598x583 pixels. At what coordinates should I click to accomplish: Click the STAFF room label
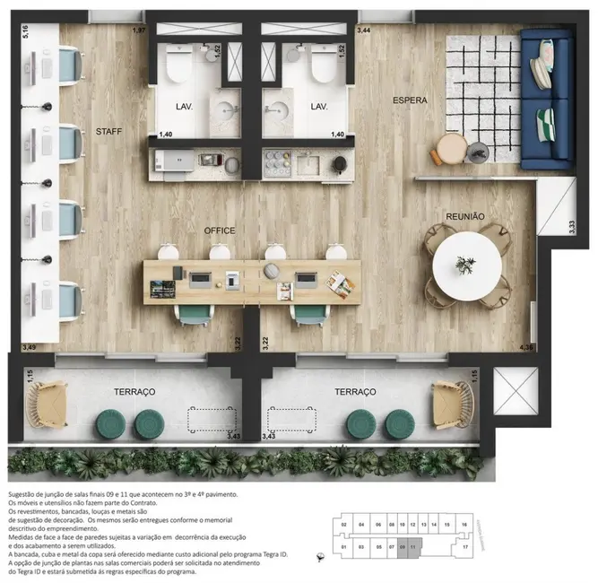pyautogui.click(x=108, y=132)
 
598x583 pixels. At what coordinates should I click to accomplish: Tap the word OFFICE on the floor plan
pyautogui.click(x=219, y=231)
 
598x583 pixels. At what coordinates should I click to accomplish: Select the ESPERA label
pyautogui.click(x=410, y=100)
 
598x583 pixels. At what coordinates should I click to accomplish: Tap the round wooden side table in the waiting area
pyautogui.click(x=449, y=145)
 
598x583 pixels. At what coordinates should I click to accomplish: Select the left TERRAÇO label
pyautogui.click(x=135, y=392)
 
